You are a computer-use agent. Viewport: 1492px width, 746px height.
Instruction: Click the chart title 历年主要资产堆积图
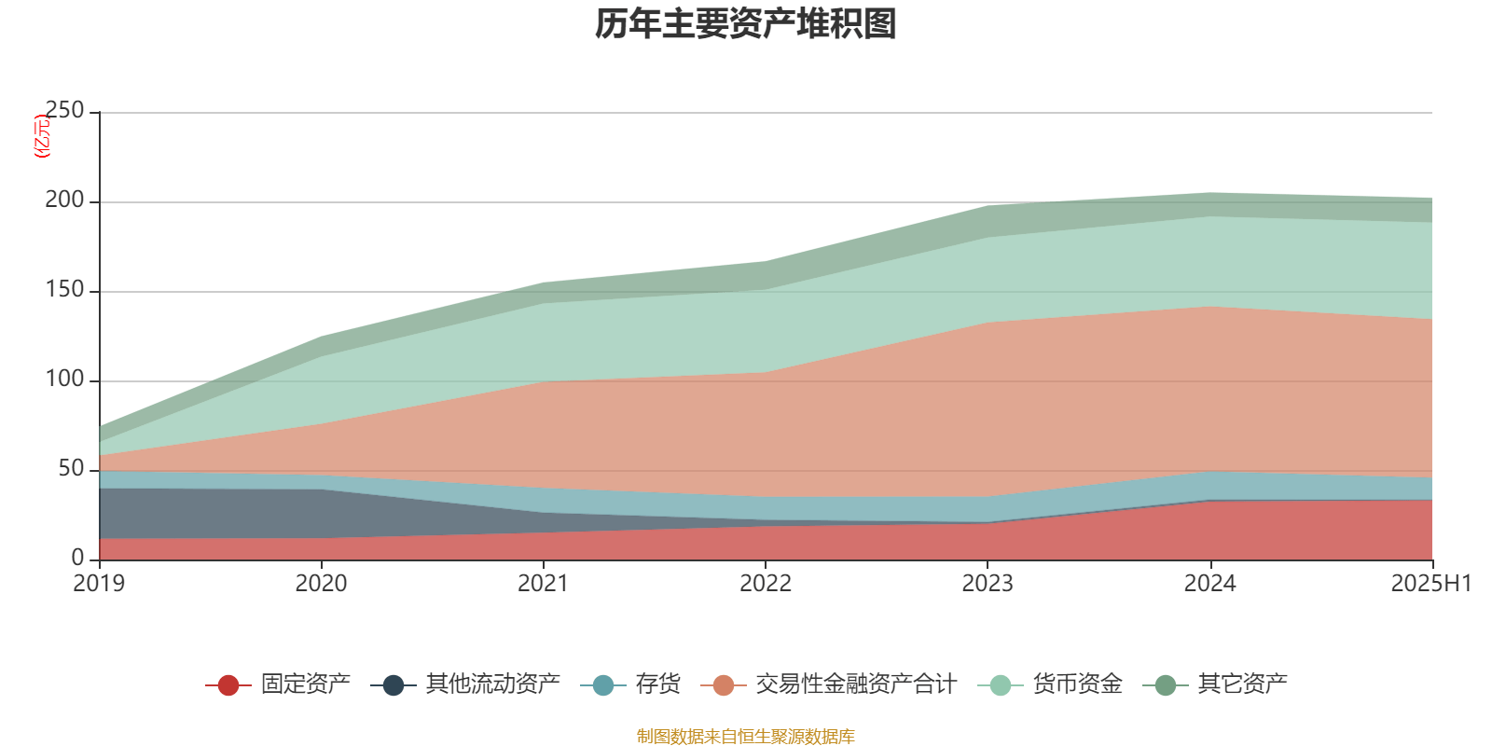746,25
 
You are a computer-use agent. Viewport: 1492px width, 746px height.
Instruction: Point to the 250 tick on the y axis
64,111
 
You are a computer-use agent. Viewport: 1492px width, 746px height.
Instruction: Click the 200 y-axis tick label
64,200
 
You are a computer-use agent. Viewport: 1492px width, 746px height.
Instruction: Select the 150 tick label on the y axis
64,290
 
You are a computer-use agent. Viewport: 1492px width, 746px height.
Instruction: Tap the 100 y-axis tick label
64,380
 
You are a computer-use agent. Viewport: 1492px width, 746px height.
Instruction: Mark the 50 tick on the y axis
71,469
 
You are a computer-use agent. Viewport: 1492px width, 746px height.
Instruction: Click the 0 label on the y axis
77,558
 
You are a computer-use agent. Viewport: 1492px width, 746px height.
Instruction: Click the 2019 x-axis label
99,584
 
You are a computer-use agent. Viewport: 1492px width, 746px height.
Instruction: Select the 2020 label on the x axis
321,584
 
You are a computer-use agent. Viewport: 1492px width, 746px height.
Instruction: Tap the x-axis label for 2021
543,584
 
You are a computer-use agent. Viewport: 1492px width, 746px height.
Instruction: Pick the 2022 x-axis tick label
765,584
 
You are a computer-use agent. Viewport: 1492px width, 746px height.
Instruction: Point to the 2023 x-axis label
988,584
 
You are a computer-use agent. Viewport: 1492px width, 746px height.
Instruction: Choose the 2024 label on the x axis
1209,584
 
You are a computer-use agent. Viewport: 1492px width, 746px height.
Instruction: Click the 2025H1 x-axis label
1430,584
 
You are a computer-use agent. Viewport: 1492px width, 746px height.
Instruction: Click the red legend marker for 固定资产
228,685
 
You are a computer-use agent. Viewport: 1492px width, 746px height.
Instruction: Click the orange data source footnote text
746,737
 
